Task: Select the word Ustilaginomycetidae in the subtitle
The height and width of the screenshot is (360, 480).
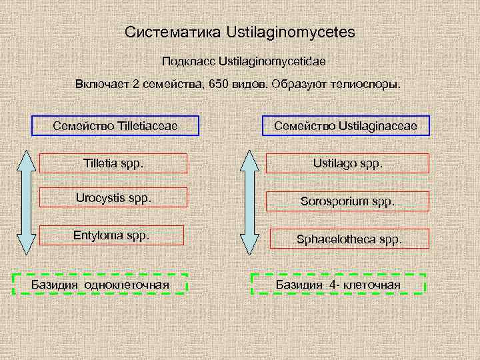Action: [268, 61]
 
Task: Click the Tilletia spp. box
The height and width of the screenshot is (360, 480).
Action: [114, 163]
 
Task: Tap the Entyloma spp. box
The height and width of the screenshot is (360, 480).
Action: [114, 235]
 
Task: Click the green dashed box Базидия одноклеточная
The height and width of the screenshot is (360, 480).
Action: [101, 284]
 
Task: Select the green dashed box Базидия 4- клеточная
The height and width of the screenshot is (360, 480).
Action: [339, 284]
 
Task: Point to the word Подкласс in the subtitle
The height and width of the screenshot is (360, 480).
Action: [184, 61]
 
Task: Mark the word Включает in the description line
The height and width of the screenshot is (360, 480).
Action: [99, 85]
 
